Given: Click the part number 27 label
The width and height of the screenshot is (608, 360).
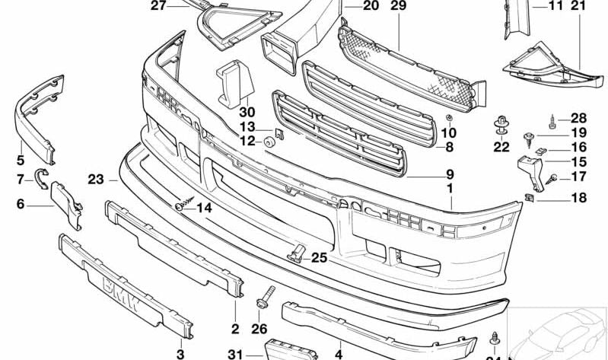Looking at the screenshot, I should tap(158, 6).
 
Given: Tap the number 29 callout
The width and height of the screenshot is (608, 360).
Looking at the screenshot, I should tap(399, 6).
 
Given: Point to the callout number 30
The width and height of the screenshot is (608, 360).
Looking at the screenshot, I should tap(249, 111).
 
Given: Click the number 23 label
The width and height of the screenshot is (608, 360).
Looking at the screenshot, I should tap(95, 181).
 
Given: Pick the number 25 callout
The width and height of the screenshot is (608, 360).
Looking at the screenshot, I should tap(319, 258).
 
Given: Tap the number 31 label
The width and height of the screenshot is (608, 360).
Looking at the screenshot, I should tap(234, 353).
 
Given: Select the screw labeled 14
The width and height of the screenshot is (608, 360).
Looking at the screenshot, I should tap(183, 205).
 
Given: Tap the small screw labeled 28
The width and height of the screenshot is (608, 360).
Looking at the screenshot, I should tap(552, 119).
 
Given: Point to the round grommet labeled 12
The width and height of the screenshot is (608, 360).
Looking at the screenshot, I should tap(269, 142).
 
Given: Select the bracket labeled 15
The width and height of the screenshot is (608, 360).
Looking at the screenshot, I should tap(528, 170).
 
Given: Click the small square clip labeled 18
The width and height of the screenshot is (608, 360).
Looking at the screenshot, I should tap(530, 199).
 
